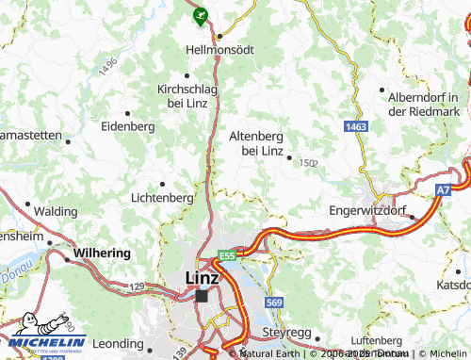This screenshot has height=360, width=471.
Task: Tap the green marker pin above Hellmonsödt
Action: (x=199, y=14)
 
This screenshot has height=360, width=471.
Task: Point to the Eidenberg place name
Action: (x=127, y=125)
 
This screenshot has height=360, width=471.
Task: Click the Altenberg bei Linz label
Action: (x=256, y=142)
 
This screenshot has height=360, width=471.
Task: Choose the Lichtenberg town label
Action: (x=163, y=198)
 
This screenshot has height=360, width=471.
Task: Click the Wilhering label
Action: (x=98, y=254)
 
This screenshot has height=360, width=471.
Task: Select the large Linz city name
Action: (x=203, y=277)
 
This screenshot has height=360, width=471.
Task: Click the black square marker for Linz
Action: (x=202, y=295)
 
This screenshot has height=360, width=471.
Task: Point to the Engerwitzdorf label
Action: (x=369, y=211)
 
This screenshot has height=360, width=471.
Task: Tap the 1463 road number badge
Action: (x=355, y=125)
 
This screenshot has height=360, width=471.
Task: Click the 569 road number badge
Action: (x=273, y=302)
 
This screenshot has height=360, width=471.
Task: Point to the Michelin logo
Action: (x=44, y=334)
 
